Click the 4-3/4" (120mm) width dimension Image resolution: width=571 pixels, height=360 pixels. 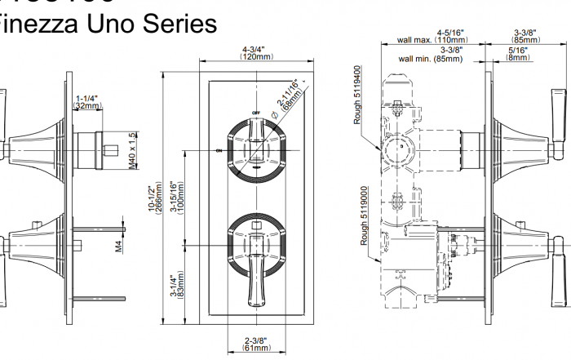click(x=257, y=53)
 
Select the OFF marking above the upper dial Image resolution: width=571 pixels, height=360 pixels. click(x=255, y=111)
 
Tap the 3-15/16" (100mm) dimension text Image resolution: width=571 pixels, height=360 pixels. click(x=175, y=198)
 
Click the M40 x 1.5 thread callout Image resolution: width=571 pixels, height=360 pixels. click(x=131, y=149)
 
